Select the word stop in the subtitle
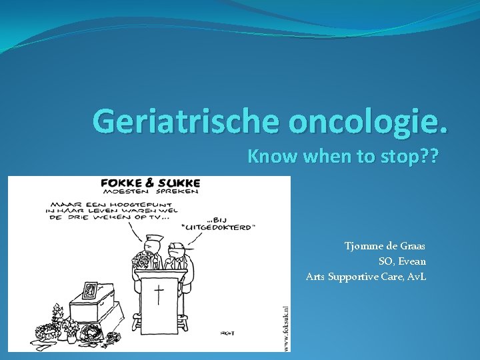(399, 157)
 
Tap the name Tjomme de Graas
(385, 246)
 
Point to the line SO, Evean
(402, 261)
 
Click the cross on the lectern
(159, 293)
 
